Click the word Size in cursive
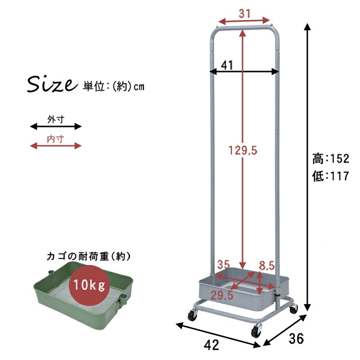tap(50, 84)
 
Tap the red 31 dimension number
tap(244, 14)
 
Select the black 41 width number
tap(227, 66)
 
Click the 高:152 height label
tap(331, 159)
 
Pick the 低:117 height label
tap(331, 177)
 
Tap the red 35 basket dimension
tap(224, 265)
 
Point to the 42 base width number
tap(211, 346)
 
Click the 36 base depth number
tap(295, 338)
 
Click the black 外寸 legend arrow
tap(56, 126)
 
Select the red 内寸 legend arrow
tap(56, 146)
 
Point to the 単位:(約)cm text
tap(113, 86)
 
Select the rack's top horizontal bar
tap(244, 28)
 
